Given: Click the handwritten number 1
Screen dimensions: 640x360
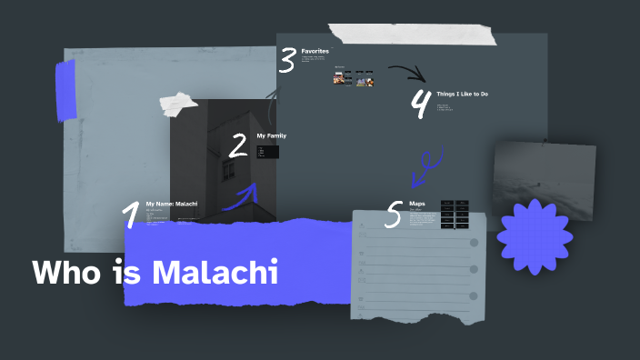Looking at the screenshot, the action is [x=131, y=215].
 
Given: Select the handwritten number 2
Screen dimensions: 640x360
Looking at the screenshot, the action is [x=238, y=145].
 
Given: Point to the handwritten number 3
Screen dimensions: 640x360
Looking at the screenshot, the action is [x=287, y=60].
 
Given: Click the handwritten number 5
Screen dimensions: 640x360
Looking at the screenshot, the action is [x=394, y=215].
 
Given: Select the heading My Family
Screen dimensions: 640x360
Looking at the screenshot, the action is [x=271, y=135].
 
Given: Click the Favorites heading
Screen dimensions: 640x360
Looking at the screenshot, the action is [x=315, y=52].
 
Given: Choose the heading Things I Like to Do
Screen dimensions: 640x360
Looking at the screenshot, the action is [x=464, y=94].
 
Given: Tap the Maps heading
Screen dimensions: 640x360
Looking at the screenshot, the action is [x=417, y=204].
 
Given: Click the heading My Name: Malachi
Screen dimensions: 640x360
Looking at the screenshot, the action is [x=171, y=204].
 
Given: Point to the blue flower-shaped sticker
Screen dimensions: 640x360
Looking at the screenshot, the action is [x=535, y=230].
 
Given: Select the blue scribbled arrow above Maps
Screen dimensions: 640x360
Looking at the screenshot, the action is [x=424, y=168].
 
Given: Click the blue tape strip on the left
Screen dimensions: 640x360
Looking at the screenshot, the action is [x=65, y=89].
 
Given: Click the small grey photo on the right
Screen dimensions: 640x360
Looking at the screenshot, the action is [x=544, y=177].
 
